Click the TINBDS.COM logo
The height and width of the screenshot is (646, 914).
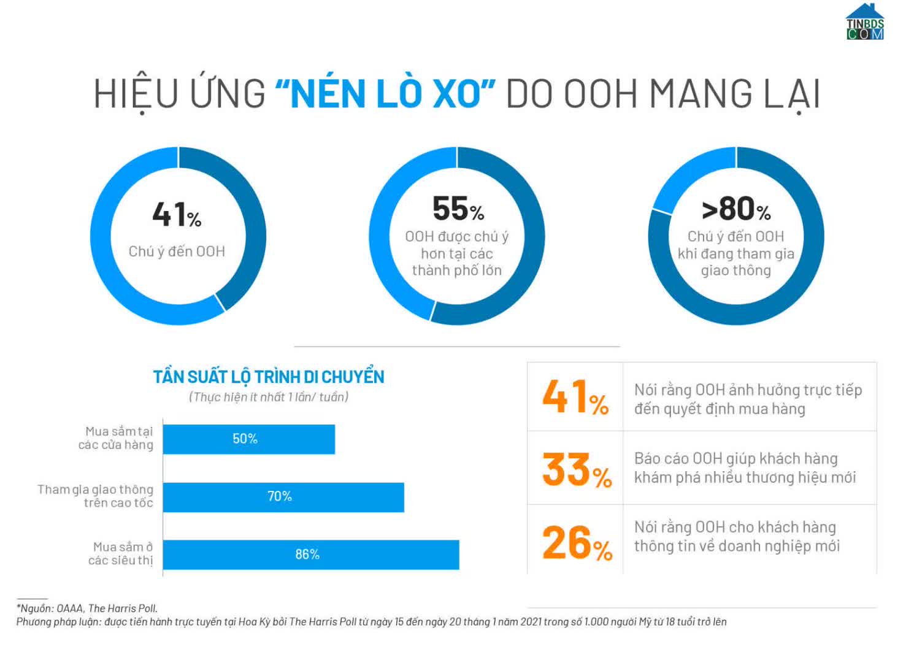[865, 22]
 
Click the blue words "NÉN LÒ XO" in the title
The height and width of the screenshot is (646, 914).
[385, 94]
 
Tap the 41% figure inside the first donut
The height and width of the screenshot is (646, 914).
[177, 215]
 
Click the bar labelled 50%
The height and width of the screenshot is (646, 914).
[248, 439]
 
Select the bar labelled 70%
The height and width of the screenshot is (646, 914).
[283, 497]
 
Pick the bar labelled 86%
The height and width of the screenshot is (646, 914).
[310, 555]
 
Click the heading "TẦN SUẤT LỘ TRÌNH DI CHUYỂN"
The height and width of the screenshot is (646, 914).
[269, 377]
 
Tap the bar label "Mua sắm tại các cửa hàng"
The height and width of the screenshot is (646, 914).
[117, 438]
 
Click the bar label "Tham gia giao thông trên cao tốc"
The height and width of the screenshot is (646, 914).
[96, 496]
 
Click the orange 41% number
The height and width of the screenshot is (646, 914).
[575, 397]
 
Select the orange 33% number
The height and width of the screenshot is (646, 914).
[577, 470]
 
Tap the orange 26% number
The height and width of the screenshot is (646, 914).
[577, 543]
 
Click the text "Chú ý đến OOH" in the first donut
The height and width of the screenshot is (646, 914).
[177, 252]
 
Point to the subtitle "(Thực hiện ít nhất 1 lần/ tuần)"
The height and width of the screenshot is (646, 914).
[269, 397]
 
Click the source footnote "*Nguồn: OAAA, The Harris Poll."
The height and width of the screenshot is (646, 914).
[87, 608]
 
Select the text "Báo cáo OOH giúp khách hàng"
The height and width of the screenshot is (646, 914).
[735, 458]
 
